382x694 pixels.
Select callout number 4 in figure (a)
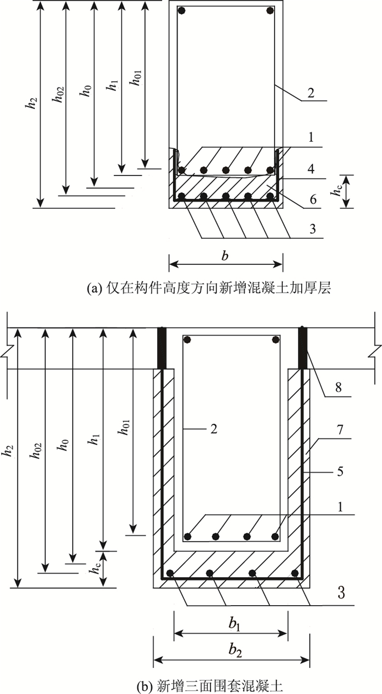(312, 170)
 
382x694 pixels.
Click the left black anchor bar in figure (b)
(162, 348)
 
